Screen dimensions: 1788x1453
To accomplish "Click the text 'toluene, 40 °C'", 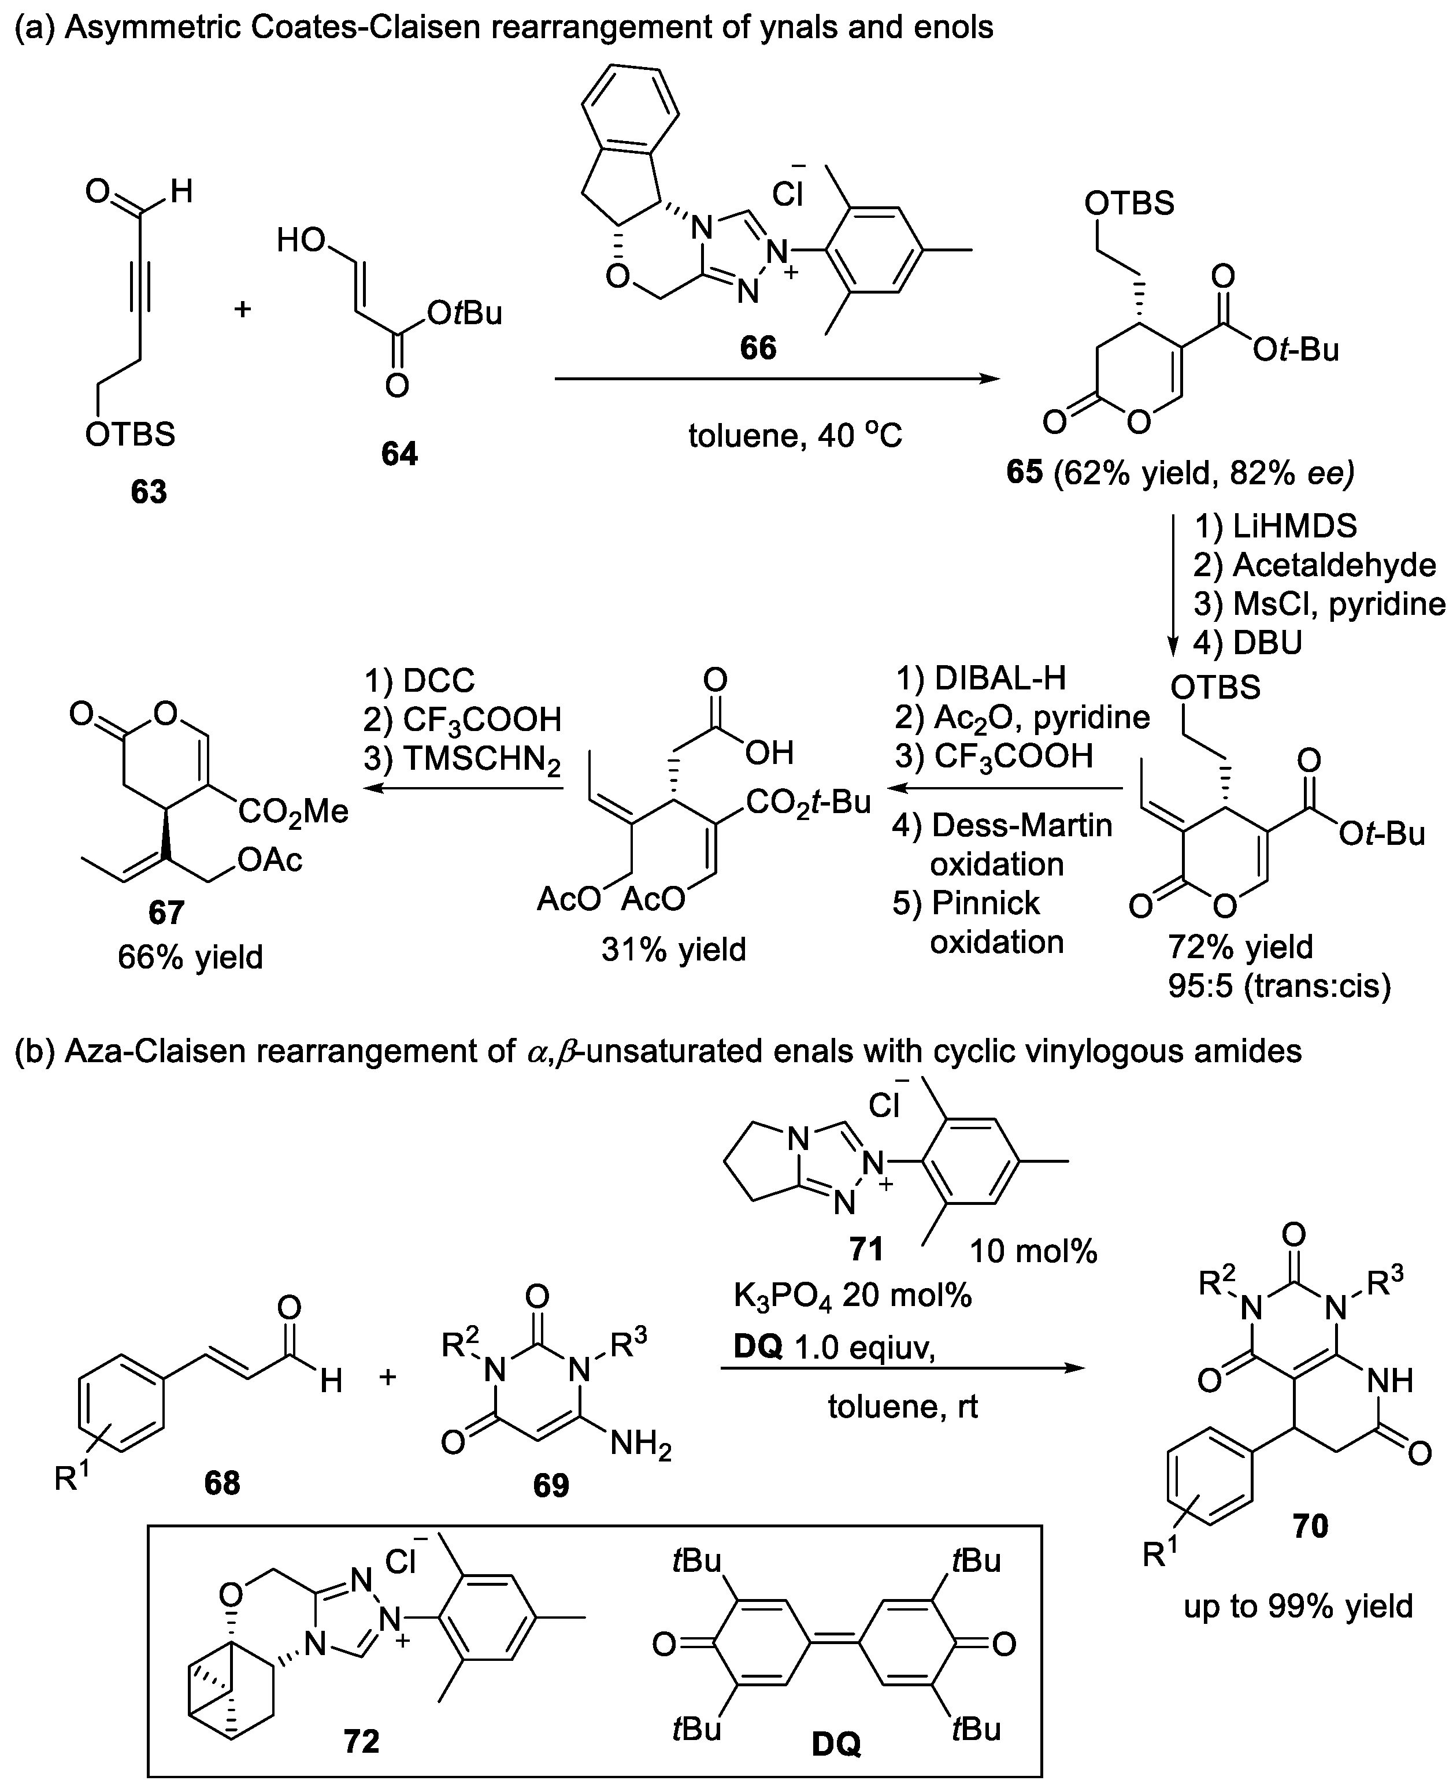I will pyautogui.click(x=795, y=436).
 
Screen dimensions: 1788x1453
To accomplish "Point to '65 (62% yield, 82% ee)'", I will pyautogui.click(x=1180, y=473).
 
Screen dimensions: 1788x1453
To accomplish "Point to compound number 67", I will pyautogui.click(x=166, y=911).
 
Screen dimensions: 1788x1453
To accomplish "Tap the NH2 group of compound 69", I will pyautogui.click(x=640, y=1444).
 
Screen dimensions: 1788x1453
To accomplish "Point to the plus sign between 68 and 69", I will pyautogui.click(x=387, y=1377).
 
